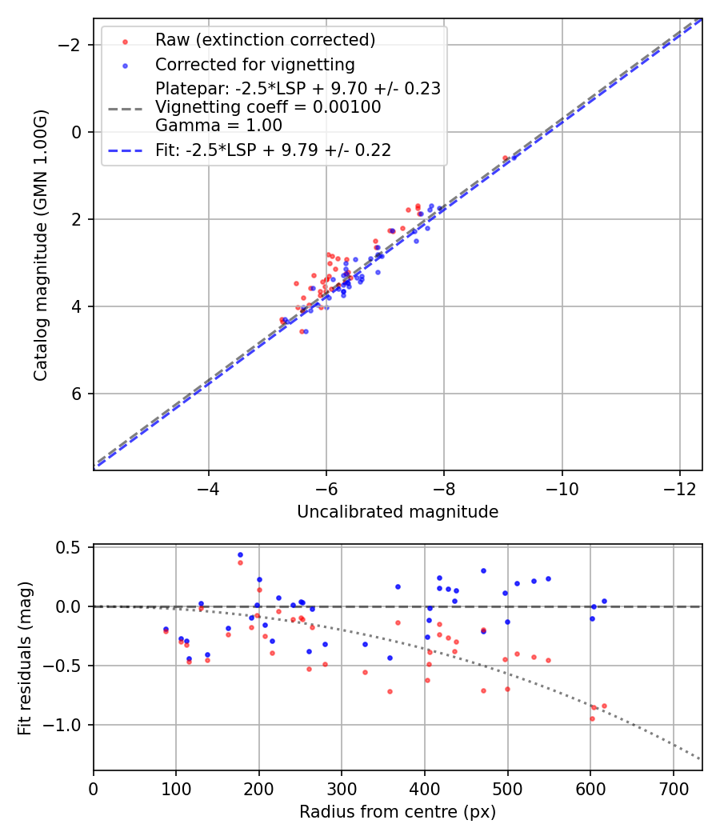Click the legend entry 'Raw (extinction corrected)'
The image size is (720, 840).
[265, 40]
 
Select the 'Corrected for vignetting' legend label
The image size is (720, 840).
[254, 64]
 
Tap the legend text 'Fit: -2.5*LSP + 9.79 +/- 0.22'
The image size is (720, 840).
[273, 150]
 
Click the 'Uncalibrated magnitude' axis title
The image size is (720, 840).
[398, 512]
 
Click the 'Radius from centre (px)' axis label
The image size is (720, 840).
[398, 812]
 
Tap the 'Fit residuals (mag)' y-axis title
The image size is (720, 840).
[24, 658]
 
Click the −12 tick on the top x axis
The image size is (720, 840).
[679, 487]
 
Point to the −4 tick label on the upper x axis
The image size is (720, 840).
[209, 487]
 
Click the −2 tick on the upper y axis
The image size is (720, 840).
[73, 45]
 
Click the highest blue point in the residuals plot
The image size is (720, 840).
[240, 554]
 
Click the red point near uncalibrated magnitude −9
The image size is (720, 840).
[505, 158]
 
